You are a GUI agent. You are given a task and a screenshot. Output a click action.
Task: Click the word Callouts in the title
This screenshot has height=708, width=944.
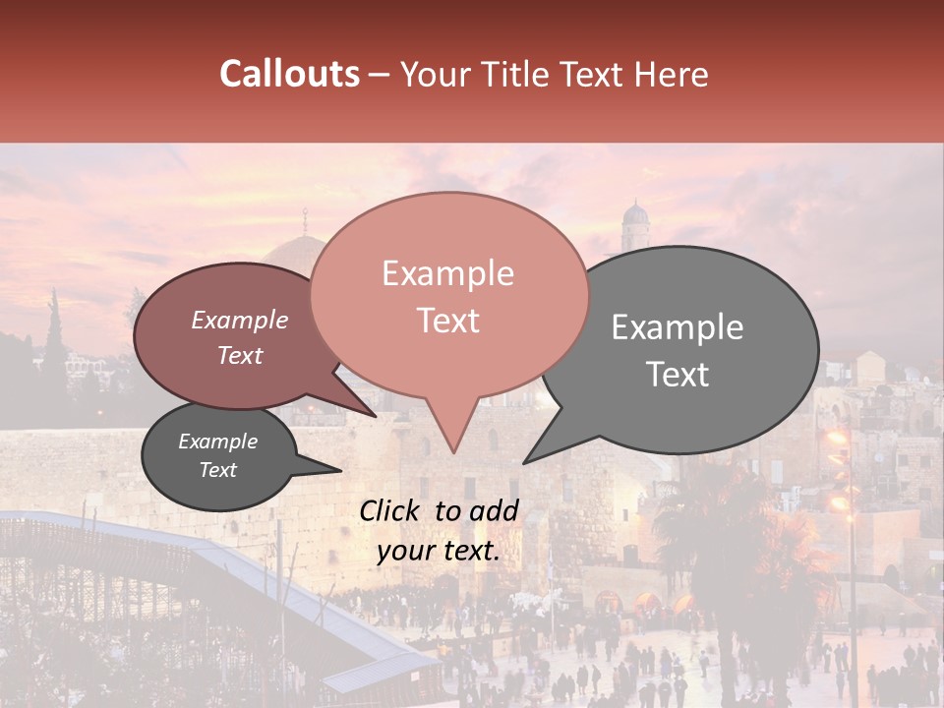pos(289,74)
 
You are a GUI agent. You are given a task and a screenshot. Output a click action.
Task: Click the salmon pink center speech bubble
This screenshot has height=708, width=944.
pos(448,295)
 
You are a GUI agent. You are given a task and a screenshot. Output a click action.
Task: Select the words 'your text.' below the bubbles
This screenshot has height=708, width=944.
pos(439,552)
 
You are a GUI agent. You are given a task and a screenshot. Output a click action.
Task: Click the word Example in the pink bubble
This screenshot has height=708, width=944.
pos(448,273)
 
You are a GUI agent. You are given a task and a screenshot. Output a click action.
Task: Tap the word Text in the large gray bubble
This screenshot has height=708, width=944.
pos(678,375)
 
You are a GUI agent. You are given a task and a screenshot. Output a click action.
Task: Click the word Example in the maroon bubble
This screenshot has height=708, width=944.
pos(240,321)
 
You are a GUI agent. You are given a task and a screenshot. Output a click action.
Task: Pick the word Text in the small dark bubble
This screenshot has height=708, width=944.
pos(218,470)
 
